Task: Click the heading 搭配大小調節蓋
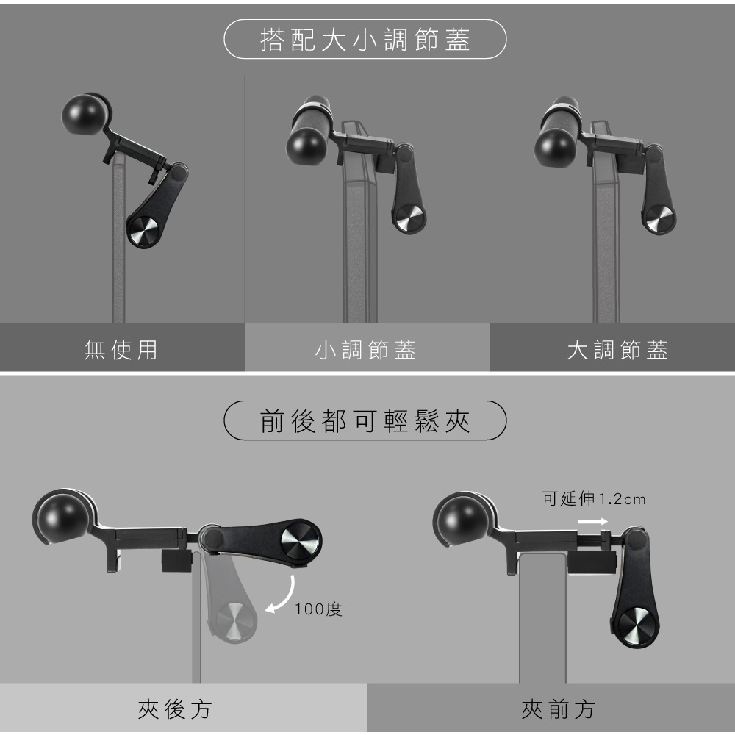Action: tap(365, 40)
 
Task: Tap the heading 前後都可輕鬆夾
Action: tap(365, 421)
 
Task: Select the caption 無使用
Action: tap(121, 350)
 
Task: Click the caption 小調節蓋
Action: tap(365, 350)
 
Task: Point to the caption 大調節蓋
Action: tap(617, 350)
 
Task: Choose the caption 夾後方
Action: tap(175, 709)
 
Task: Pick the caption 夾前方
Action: tap(559, 709)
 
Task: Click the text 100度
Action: tap(319, 609)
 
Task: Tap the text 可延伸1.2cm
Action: tap(594, 498)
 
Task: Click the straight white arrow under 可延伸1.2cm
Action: tap(593, 522)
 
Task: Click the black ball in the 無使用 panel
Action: tap(85, 115)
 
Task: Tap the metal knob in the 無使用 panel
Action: tap(144, 231)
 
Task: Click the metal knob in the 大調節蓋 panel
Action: tap(659, 219)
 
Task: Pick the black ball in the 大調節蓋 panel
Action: tap(554, 147)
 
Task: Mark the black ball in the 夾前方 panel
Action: tap(459, 520)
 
